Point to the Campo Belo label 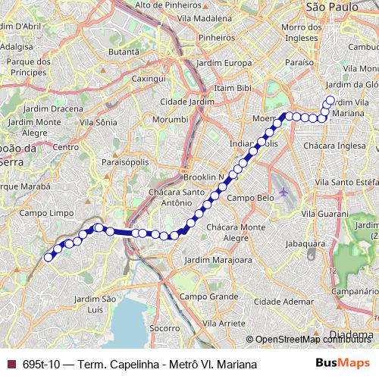249,197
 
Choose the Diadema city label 353,334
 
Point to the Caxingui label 149,78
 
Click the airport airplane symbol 283,191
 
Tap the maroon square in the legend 11,365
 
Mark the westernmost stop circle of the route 49,257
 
